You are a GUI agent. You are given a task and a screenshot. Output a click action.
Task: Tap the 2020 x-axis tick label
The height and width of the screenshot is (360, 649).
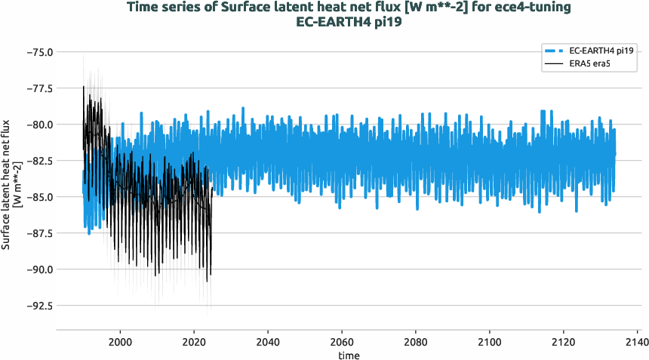194,341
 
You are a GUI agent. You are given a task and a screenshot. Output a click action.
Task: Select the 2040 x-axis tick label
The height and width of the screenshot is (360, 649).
268,341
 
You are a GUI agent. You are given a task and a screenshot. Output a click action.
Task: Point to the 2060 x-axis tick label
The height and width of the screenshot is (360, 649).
342,341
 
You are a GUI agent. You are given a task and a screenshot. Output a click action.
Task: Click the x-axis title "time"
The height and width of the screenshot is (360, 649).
348,355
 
